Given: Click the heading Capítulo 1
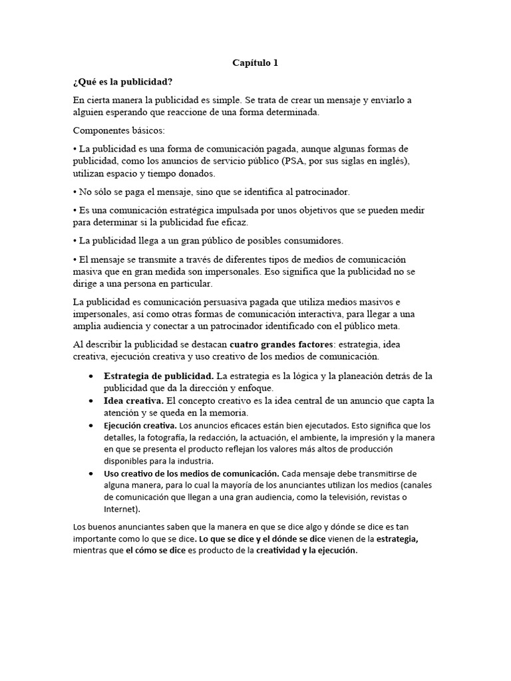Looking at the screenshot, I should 255,63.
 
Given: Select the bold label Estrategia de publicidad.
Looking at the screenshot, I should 158,376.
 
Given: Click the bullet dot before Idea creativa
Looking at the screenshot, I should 90,401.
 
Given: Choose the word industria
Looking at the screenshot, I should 196,461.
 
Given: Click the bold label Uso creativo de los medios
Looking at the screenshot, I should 192,474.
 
